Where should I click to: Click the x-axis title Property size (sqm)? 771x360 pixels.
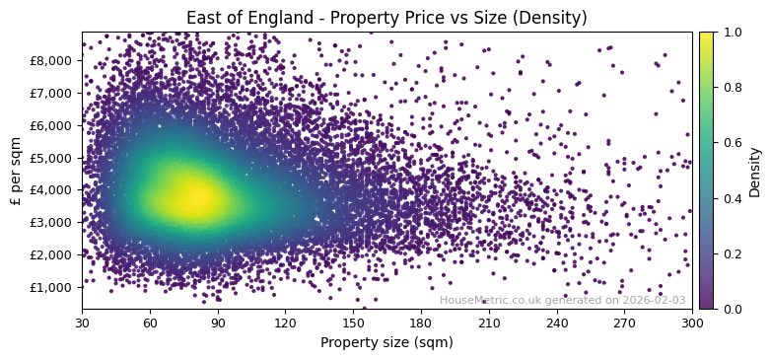pyautogui.click(x=386, y=342)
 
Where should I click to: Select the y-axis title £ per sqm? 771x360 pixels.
pyautogui.click(x=16, y=171)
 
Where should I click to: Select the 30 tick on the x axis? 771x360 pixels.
pyautogui.click(x=82, y=322)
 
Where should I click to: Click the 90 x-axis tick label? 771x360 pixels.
pyautogui.click(x=218, y=322)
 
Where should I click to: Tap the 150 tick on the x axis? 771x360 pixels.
pyautogui.click(x=353, y=322)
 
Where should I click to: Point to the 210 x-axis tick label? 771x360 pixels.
pyautogui.click(x=489, y=322)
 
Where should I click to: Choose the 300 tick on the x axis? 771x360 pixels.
pyautogui.click(x=692, y=322)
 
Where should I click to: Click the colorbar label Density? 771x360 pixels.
pyautogui.click(x=755, y=171)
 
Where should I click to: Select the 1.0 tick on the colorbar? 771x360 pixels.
pyautogui.click(x=732, y=32)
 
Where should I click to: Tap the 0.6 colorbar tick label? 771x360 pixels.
pyautogui.click(x=732, y=143)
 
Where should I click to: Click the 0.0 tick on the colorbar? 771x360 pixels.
pyautogui.click(x=732, y=309)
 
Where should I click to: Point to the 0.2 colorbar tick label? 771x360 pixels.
pyautogui.click(x=732, y=253)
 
